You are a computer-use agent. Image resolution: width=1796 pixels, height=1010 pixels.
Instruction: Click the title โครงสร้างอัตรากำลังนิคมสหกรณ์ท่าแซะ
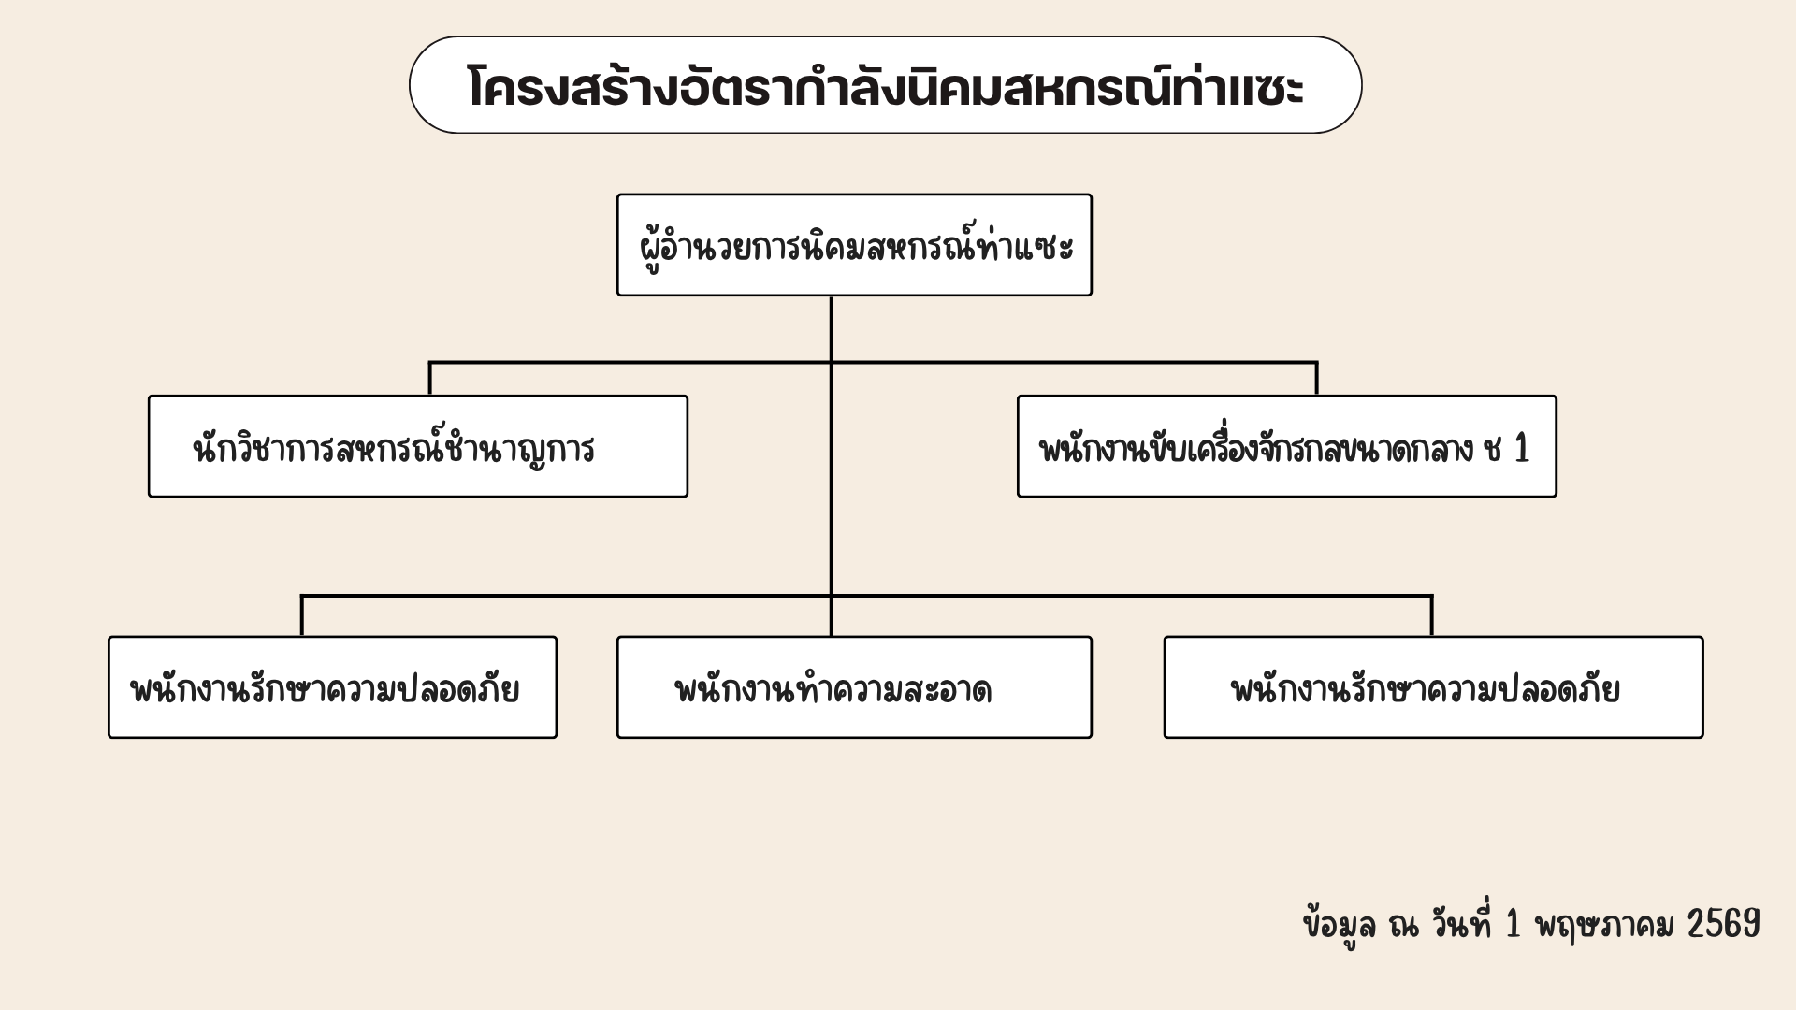pyautogui.click(x=885, y=87)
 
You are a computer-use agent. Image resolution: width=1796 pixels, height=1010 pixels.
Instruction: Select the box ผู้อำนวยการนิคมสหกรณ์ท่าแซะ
pyautogui.click(x=854, y=245)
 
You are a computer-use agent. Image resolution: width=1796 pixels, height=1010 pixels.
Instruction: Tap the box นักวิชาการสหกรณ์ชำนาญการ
pyautogui.click(x=418, y=446)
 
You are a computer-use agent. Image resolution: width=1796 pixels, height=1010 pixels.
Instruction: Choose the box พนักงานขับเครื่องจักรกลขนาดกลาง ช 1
pyautogui.click(x=1287, y=446)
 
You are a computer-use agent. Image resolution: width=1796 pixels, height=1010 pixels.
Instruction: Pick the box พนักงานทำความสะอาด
pyautogui.click(x=854, y=687)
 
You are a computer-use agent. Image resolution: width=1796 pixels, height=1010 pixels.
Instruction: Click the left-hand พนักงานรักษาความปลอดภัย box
pyautogui.click(x=332, y=687)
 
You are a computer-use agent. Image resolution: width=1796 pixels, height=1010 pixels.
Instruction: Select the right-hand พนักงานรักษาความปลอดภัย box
pyautogui.click(x=1433, y=687)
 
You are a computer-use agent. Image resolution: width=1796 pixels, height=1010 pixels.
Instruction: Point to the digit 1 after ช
pyautogui.click(x=1522, y=449)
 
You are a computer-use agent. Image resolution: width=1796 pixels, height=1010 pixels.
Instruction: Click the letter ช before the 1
pyautogui.click(x=1493, y=449)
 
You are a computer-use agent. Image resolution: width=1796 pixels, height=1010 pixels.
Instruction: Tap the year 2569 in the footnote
pyautogui.click(x=1723, y=924)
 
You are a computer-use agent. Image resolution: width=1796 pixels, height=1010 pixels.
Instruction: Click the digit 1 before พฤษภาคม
pyautogui.click(x=1513, y=924)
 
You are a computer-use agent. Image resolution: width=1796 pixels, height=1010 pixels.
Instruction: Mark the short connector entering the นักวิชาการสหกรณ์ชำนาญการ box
pyautogui.click(x=430, y=379)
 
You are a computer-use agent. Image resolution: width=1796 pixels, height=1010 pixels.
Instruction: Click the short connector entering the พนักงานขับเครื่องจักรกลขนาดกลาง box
pyautogui.click(x=1317, y=379)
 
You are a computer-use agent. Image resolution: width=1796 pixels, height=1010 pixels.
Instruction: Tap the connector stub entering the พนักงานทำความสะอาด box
pyautogui.click(x=832, y=616)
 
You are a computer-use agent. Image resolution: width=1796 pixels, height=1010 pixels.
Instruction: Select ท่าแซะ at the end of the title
pyautogui.click(x=1238, y=87)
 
